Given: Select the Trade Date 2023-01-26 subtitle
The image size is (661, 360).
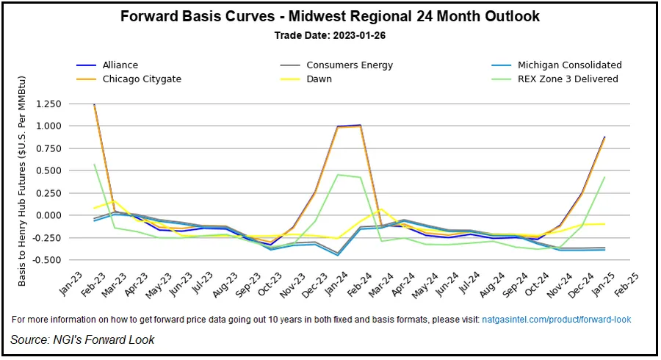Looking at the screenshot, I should pos(330,35).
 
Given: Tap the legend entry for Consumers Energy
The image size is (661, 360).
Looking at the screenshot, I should pos(349,65).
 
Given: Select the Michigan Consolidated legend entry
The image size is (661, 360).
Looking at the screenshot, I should pos(569,65).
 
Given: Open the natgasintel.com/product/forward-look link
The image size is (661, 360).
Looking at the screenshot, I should pos(556,320).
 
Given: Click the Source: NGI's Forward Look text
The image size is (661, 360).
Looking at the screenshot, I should pos(82,339).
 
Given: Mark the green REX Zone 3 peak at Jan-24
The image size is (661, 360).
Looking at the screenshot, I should pos(336,175).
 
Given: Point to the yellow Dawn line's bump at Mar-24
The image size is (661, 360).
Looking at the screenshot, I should pos(382,209).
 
